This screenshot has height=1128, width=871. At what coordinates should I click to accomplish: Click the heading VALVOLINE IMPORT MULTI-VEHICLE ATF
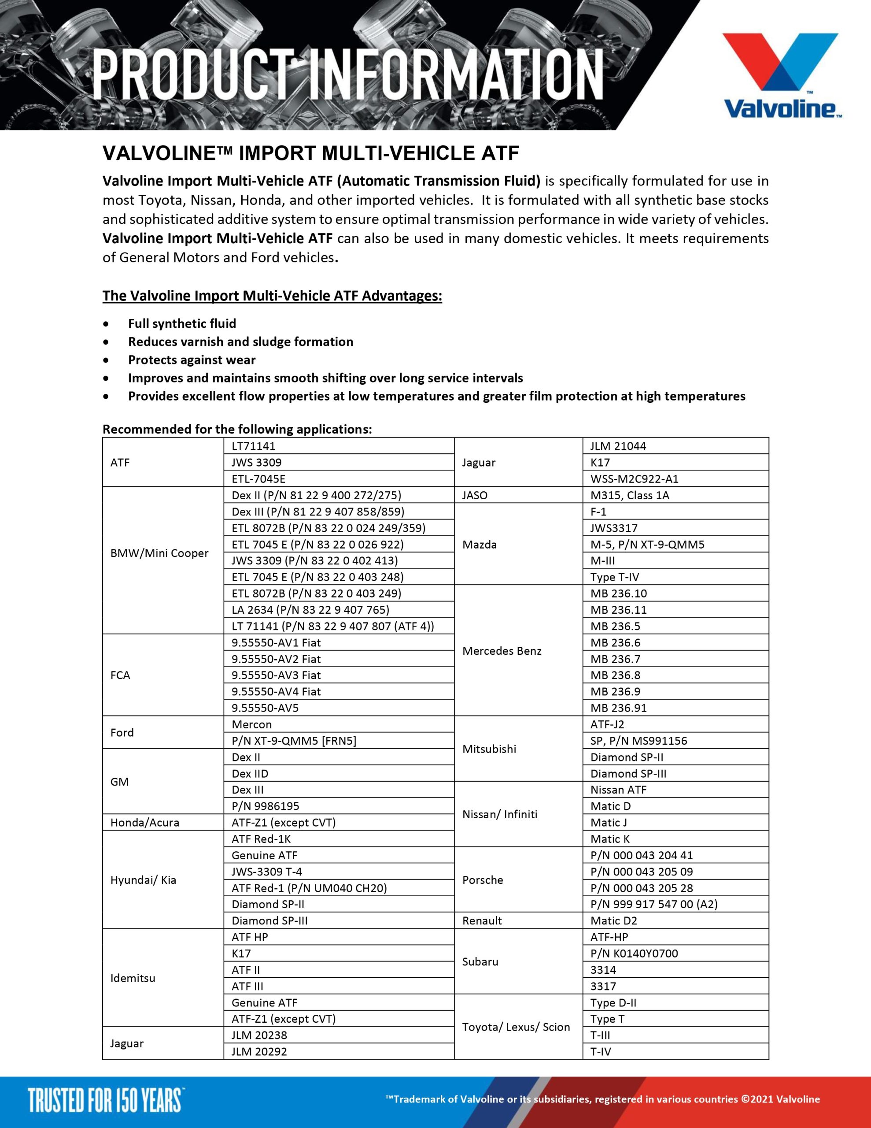tap(311, 153)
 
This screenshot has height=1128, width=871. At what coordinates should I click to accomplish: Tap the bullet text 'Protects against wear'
tap(192, 360)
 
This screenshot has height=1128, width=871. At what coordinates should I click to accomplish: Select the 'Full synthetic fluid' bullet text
tap(182, 323)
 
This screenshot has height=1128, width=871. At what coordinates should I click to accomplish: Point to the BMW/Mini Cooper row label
tap(159, 553)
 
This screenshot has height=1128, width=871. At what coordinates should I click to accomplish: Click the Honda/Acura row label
tap(144, 822)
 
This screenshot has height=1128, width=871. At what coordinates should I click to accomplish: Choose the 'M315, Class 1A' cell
tap(629, 495)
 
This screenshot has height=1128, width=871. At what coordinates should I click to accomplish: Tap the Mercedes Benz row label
tap(502, 651)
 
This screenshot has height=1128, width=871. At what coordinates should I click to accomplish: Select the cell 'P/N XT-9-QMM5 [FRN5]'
tap(294, 741)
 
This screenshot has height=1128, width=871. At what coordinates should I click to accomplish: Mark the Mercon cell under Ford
tap(251, 724)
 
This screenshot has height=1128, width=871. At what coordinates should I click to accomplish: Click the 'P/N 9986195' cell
tap(266, 806)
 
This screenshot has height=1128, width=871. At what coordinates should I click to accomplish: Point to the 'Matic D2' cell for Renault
tap(613, 920)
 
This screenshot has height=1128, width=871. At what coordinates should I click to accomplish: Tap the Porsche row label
tap(483, 879)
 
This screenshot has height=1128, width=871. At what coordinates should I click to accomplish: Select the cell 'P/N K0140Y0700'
tap(634, 954)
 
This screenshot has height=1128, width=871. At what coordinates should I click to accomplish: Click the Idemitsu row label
tap(133, 978)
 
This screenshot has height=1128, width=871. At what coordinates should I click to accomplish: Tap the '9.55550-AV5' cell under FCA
tap(265, 708)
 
